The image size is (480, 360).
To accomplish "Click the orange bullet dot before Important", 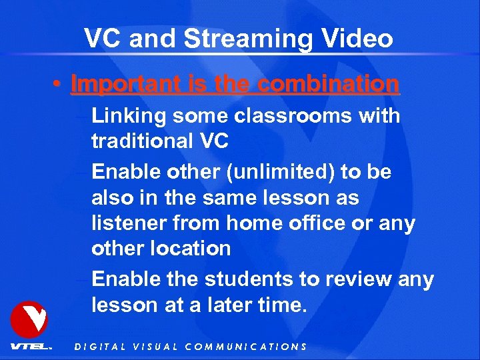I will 59,85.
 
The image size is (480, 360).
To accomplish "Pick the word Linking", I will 129,116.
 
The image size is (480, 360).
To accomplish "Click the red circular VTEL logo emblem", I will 29,319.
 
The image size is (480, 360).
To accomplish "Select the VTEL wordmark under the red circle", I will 30,347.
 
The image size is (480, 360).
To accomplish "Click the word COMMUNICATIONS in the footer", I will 245,347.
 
